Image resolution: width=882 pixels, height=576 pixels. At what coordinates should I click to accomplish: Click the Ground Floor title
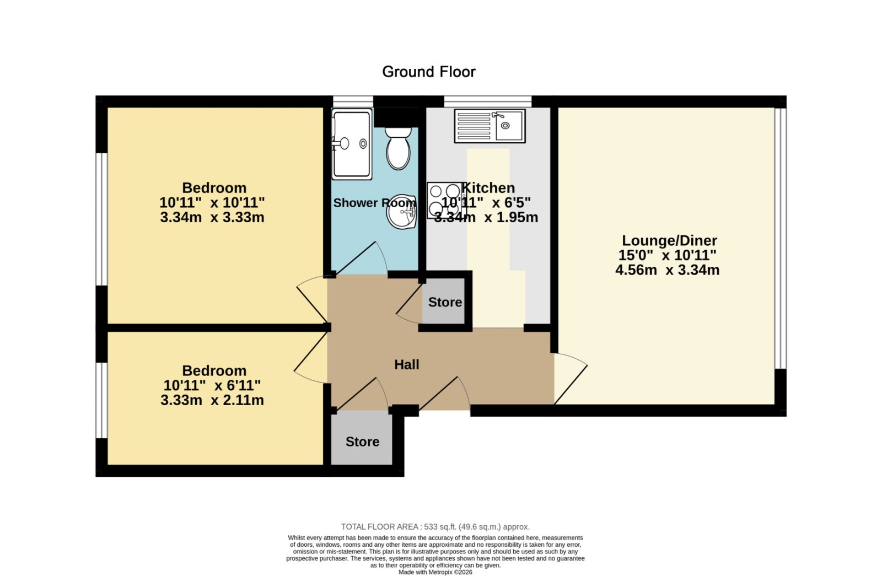(429, 72)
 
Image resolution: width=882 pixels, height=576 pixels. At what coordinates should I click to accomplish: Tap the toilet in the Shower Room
(398, 148)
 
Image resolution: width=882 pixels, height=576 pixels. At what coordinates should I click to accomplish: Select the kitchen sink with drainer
(490, 126)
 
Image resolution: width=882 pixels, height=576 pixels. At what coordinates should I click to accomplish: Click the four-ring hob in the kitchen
(445, 200)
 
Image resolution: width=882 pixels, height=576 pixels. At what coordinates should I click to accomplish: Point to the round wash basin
(402, 212)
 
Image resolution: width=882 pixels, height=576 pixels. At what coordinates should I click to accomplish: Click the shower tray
(352, 144)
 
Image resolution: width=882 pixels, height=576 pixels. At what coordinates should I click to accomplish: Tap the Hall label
(407, 364)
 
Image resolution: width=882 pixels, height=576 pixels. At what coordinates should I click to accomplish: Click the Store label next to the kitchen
(445, 302)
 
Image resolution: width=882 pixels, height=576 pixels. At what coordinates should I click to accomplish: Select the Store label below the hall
(362, 442)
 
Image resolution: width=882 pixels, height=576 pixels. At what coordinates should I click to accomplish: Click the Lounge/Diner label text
(669, 240)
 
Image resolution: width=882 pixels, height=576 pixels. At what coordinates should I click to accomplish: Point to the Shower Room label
(374, 203)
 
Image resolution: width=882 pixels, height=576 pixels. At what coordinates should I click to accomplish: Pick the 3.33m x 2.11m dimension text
(212, 400)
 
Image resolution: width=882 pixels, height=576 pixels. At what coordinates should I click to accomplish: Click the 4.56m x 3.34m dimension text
(668, 270)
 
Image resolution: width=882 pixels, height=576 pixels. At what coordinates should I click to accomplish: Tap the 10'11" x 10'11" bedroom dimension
(212, 203)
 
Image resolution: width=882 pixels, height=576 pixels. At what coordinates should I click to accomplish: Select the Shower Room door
(359, 258)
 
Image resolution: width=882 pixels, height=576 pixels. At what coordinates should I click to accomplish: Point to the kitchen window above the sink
(488, 101)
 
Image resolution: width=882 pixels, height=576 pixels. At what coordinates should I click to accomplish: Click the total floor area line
(435, 527)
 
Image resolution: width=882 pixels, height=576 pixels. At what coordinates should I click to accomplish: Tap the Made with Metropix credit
(435, 573)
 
